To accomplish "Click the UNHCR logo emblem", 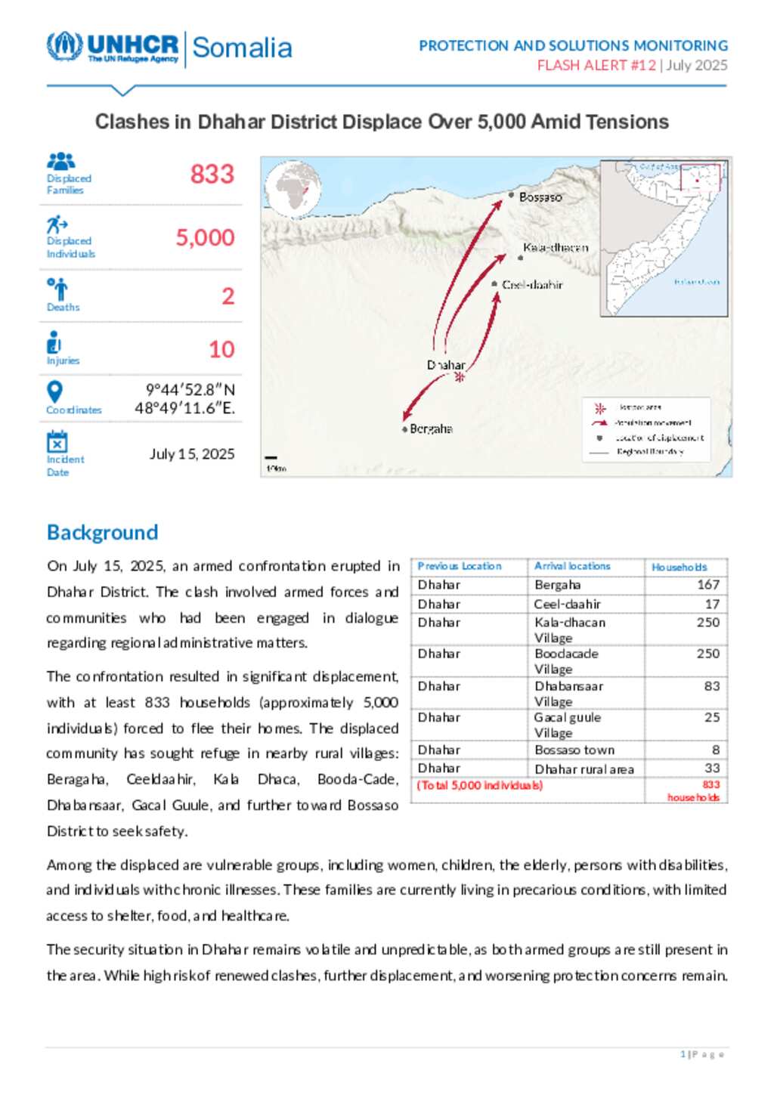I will [64, 46].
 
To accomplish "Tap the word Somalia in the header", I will [242, 48].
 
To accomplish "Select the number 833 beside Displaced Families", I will [212, 175].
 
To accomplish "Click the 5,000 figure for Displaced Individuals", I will [206, 238].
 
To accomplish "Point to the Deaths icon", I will [57, 289].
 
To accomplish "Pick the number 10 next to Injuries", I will [221, 349].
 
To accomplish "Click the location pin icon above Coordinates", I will [54, 391].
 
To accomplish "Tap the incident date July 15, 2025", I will [192, 454].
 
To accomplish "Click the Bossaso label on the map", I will [540, 197].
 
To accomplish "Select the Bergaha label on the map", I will [431, 429].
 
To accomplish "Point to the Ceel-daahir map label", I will [532, 285].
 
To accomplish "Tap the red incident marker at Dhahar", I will [459, 377].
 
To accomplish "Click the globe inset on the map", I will [293, 189].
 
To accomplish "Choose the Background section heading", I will [103, 533].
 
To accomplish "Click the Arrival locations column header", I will [572, 566].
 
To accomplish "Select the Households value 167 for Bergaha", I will [708, 585].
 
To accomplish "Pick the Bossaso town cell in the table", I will [574, 750].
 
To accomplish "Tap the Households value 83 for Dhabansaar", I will [712, 686].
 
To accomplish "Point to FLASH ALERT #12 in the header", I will [596, 66].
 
